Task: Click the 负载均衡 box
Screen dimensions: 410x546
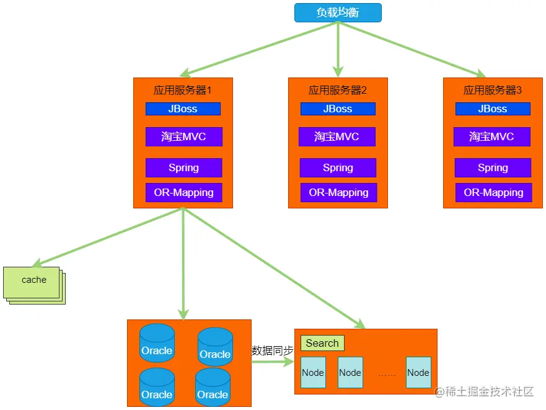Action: point(338,12)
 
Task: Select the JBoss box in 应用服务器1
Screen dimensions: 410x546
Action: point(183,109)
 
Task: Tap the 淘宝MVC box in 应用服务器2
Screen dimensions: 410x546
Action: point(337,136)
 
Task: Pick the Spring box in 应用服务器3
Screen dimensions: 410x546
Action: point(493,167)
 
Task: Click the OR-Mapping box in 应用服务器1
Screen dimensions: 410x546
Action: point(183,192)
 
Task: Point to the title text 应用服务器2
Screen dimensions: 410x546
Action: point(338,90)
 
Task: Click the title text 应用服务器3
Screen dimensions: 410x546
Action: point(493,90)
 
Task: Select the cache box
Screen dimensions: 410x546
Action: point(33,281)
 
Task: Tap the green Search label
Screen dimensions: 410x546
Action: point(322,343)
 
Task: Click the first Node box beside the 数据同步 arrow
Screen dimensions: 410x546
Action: point(313,372)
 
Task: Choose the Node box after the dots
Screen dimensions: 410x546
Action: point(418,372)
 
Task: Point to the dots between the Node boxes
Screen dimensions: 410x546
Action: point(386,374)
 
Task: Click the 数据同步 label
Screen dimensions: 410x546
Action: point(272,350)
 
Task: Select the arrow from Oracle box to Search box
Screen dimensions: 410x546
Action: point(273,363)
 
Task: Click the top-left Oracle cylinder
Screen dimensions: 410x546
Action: point(157,343)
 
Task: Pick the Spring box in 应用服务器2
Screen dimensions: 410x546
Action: point(338,167)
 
